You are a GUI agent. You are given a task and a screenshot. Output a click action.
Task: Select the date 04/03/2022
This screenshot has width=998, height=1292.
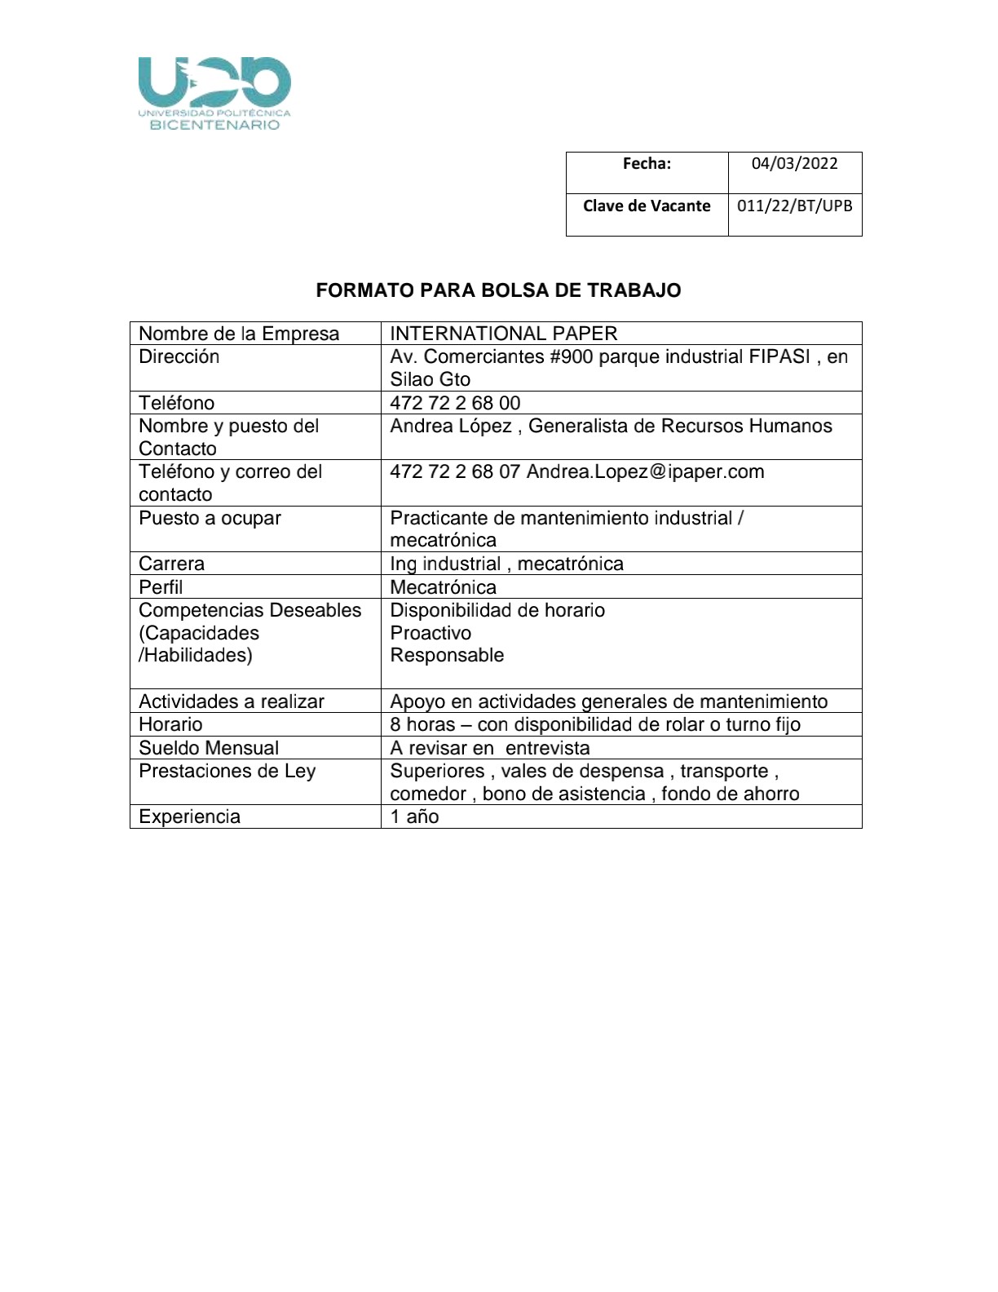pyautogui.click(x=794, y=164)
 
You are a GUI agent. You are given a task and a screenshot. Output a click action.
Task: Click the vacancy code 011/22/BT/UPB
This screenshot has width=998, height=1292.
pyautogui.click(x=794, y=206)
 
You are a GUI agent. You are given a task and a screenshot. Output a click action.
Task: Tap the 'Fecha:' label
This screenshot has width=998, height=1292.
pyautogui.click(x=647, y=164)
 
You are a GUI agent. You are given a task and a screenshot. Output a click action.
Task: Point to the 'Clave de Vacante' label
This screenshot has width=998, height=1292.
pyautogui.click(x=647, y=206)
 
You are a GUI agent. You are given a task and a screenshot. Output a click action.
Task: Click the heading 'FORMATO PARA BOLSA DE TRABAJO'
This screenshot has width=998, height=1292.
pyautogui.click(x=498, y=291)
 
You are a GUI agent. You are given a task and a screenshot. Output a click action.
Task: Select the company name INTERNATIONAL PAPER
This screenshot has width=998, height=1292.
pyautogui.click(x=503, y=334)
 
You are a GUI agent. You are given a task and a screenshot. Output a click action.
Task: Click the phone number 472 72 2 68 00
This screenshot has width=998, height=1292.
pyautogui.click(x=455, y=403)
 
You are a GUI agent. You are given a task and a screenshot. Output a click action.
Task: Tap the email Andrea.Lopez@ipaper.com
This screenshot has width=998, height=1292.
pyautogui.click(x=645, y=472)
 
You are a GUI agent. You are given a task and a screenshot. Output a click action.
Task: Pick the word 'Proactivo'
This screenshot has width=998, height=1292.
pyautogui.click(x=431, y=633)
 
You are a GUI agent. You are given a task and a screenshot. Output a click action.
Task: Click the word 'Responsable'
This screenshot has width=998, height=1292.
pyautogui.click(x=447, y=656)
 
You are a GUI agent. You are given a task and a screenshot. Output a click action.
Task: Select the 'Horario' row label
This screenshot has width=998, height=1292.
pyautogui.click(x=170, y=724)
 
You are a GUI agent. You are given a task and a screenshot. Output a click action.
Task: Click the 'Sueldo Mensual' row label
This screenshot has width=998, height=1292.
pyautogui.click(x=209, y=748)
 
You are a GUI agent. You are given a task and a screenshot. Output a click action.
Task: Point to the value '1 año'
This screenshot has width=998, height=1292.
pyautogui.click(x=414, y=817)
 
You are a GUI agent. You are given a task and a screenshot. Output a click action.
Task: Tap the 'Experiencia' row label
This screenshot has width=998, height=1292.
pyautogui.click(x=189, y=817)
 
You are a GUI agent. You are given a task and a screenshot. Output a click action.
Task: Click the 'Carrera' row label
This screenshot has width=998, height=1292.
pyautogui.click(x=171, y=564)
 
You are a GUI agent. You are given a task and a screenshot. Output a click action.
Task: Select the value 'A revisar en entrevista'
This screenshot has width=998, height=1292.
pyautogui.click(x=489, y=748)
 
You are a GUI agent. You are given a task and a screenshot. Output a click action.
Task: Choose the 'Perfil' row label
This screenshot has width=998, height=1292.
pyautogui.click(x=161, y=587)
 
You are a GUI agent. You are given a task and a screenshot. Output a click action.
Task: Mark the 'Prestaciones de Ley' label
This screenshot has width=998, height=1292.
pyautogui.click(x=227, y=772)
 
